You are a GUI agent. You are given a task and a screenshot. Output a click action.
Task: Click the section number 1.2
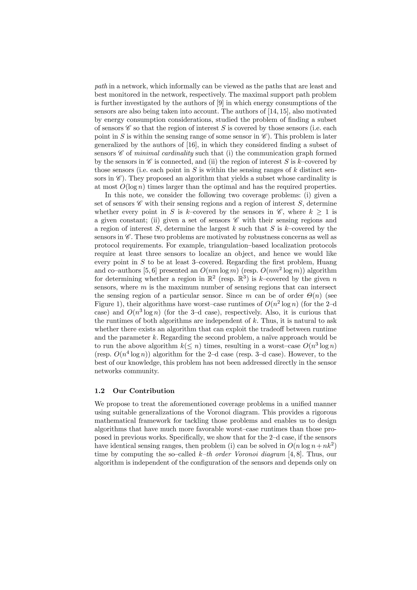point(100,391)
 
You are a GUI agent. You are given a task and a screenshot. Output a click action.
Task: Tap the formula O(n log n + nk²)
point(312,446)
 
